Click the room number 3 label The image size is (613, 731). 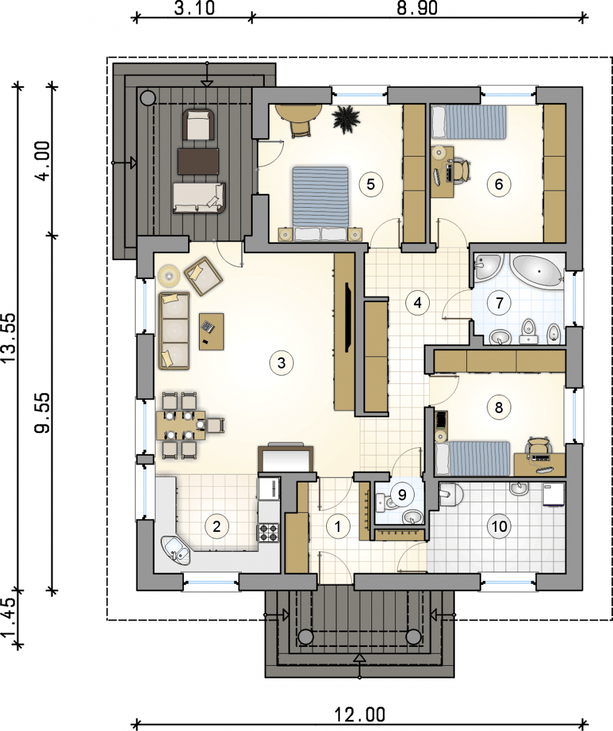pyautogui.click(x=282, y=364)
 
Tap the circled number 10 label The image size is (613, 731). pyautogui.click(x=499, y=526)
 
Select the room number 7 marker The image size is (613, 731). pyautogui.click(x=499, y=303)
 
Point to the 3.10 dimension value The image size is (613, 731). pyautogui.click(x=194, y=9)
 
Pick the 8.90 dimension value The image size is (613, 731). pyautogui.click(x=417, y=9)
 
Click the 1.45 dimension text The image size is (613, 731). pyautogui.click(x=9, y=617)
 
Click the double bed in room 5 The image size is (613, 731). pyautogui.click(x=321, y=204)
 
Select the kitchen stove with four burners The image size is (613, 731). pyautogui.click(x=268, y=533)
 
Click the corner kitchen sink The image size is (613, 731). pyautogui.click(x=175, y=552)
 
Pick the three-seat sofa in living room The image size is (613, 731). pyautogui.click(x=174, y=331)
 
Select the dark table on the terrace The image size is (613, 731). pyautogui.click(x=198, y=161)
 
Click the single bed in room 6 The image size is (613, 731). pyautogui.click(x=469, y=122)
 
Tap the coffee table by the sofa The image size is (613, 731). pyautogui.click(x=211, y=331)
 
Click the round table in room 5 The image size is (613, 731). pyautogui.click(x=298, y=113)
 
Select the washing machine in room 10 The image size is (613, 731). pyautogui.click(x=553, y=493)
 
